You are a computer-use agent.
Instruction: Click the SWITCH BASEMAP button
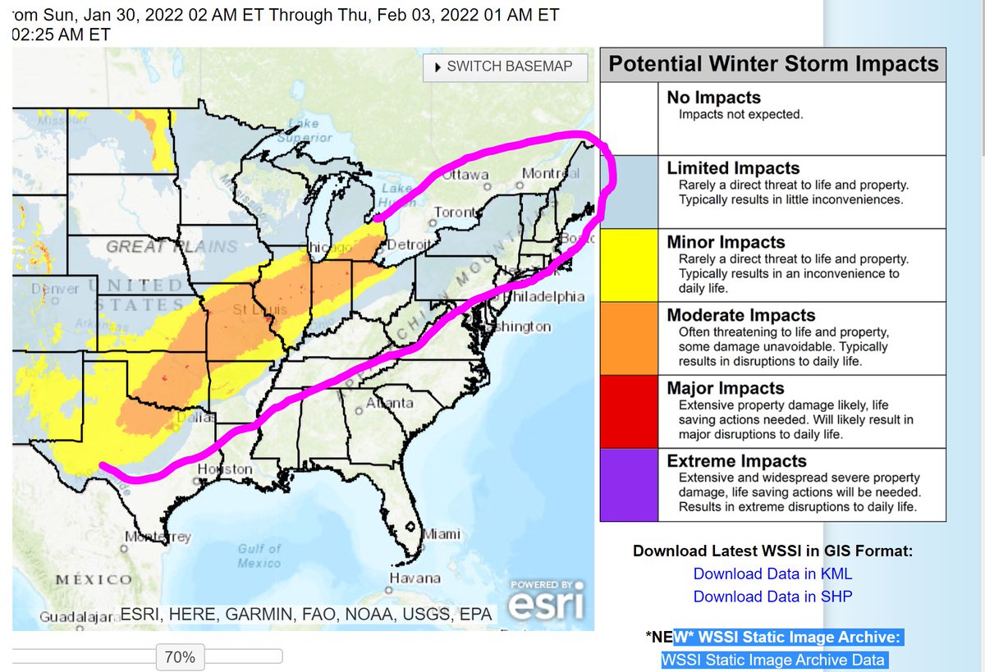[506, 67]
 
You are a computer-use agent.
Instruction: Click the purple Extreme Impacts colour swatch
[629, 484]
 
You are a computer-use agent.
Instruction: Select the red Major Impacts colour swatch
[629, 411]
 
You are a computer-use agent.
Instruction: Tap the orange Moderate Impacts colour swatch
[629, 338]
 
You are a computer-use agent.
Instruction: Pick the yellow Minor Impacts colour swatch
[629, 265]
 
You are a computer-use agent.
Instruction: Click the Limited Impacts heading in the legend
[733, 168]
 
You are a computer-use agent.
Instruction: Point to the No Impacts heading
[713, 98]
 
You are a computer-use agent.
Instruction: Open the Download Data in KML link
[772, 574]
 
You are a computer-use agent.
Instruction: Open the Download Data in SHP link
[772, 597]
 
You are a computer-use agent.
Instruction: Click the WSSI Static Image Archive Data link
[772, 660]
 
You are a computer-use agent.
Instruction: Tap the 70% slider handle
[180, 656]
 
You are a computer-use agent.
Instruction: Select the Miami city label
[442, 535]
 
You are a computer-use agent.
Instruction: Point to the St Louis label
[251, 310]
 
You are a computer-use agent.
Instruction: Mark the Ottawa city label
[466, 175]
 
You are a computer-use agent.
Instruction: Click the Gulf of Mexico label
[259, 555]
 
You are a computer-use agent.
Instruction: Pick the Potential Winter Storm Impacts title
[772, 64]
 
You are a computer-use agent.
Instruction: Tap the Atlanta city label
[389, 403]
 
